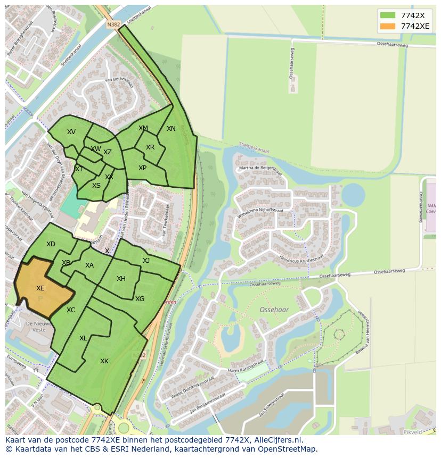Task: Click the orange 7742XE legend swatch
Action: coord(388,26)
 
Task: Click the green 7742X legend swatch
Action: coord(388,15)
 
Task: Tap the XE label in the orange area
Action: coord(40,288)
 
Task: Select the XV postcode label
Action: coord(71,132)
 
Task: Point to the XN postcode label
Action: coord(171,129)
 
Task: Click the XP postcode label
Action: coord(142,168)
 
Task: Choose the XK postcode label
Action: coord(104,361)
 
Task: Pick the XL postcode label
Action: coord(83,338)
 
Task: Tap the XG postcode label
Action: coord(140,299)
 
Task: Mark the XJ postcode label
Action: coord(146,260)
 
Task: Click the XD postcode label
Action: coord(51,244)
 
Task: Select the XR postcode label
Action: coord(150,147)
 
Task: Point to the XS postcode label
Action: coord(96,186)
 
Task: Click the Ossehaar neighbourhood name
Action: coord(274,309)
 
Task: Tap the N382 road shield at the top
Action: coord(113,24)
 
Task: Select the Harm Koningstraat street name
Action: coord(246,365)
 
